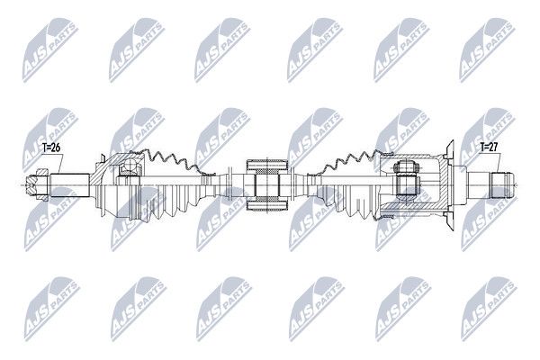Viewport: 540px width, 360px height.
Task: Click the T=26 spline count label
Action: point(51,148)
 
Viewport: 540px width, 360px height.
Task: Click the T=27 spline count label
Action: point(489,147)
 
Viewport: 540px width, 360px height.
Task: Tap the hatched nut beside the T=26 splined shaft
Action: point(38,185)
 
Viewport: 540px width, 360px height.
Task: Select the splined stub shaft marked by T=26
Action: point(70,185)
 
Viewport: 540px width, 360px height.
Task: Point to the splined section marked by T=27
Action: point(502,185)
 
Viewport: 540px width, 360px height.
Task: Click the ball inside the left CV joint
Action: point(130,166)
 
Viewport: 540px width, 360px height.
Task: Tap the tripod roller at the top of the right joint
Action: point(406,167)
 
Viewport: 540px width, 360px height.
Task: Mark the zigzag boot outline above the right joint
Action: point(347,162)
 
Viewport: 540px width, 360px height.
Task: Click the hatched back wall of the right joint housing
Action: point(446,185)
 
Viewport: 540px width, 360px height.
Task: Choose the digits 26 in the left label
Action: point(56,148)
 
